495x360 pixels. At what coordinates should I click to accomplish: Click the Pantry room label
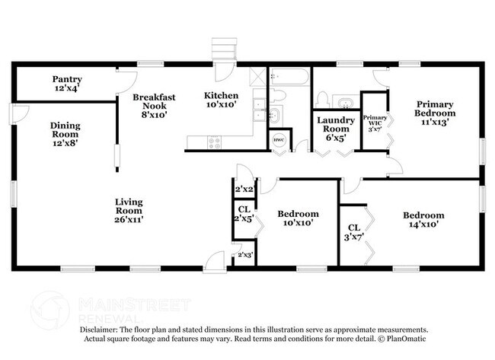[x=66, y=83]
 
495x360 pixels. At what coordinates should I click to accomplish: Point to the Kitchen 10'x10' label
[x=221, y=100]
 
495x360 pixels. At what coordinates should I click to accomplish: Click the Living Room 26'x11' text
[x=129, y=210]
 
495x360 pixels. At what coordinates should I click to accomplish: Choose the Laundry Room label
[x=336, y=129]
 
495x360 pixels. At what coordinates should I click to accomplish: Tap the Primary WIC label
[x=374, y=121]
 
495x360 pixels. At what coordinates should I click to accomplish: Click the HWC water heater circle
[x=278, y=140]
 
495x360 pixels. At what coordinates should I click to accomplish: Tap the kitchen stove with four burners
[x=214, y=141]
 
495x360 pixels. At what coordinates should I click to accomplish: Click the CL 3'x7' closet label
[x=354, y=232]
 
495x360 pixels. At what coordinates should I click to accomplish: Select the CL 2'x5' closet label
[x=244, y=214]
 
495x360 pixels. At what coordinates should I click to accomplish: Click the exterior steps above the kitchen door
[x=221, y=49]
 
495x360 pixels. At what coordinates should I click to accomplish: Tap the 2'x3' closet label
[x=245, y=254]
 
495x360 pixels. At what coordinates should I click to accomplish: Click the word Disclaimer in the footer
[x=104, y=330]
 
